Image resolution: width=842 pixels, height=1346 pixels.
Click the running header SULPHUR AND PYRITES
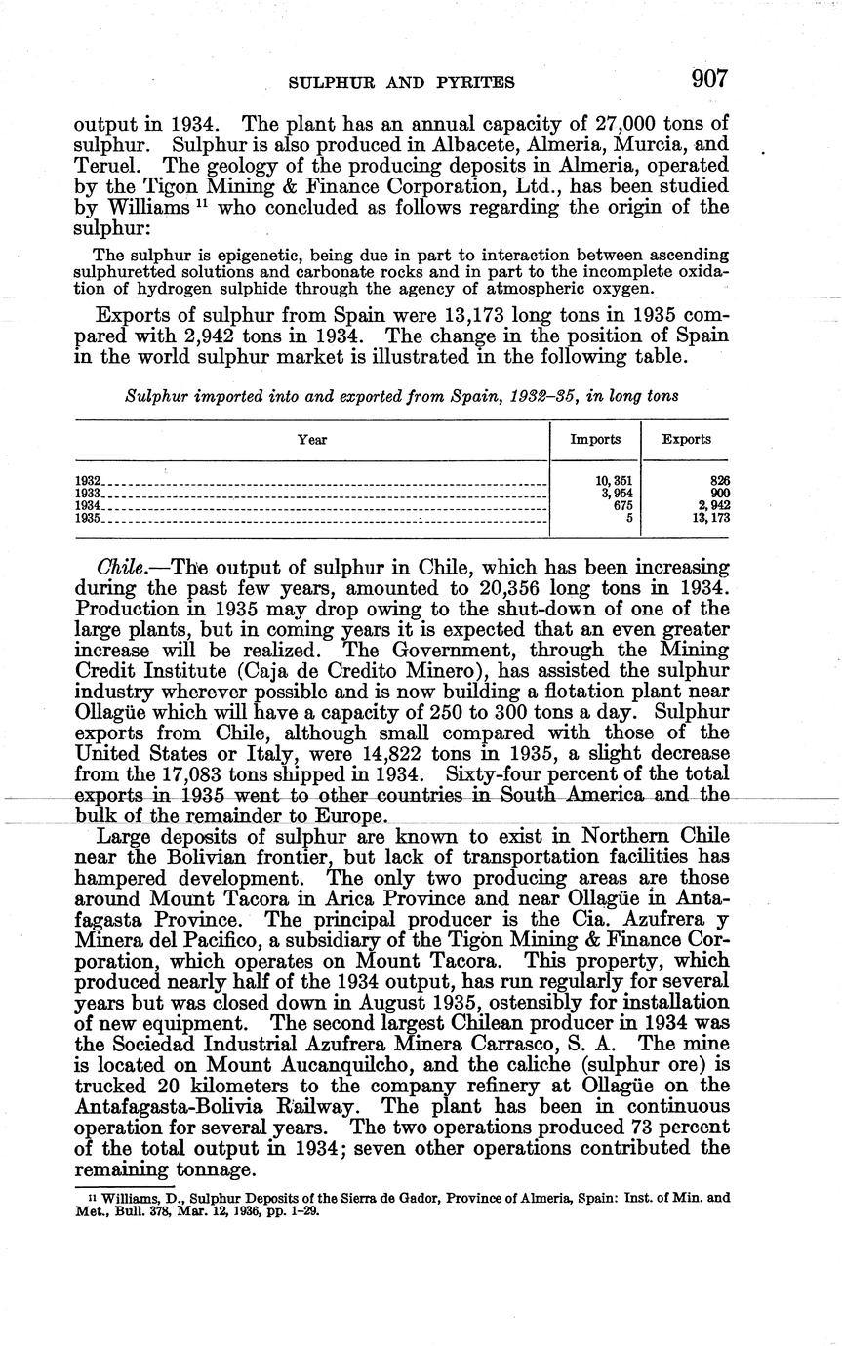pyautogui.click(x=402, y=83)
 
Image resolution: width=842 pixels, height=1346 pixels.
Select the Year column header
pyautogui.click(x=312, y=440)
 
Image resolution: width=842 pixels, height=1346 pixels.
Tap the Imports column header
pyautogui.click(x=595, y=440)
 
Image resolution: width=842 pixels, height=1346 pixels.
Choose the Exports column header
pyautogui.click(x=686, y=440)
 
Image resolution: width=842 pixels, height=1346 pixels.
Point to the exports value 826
pyautogui.click(x=720, y=481)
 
